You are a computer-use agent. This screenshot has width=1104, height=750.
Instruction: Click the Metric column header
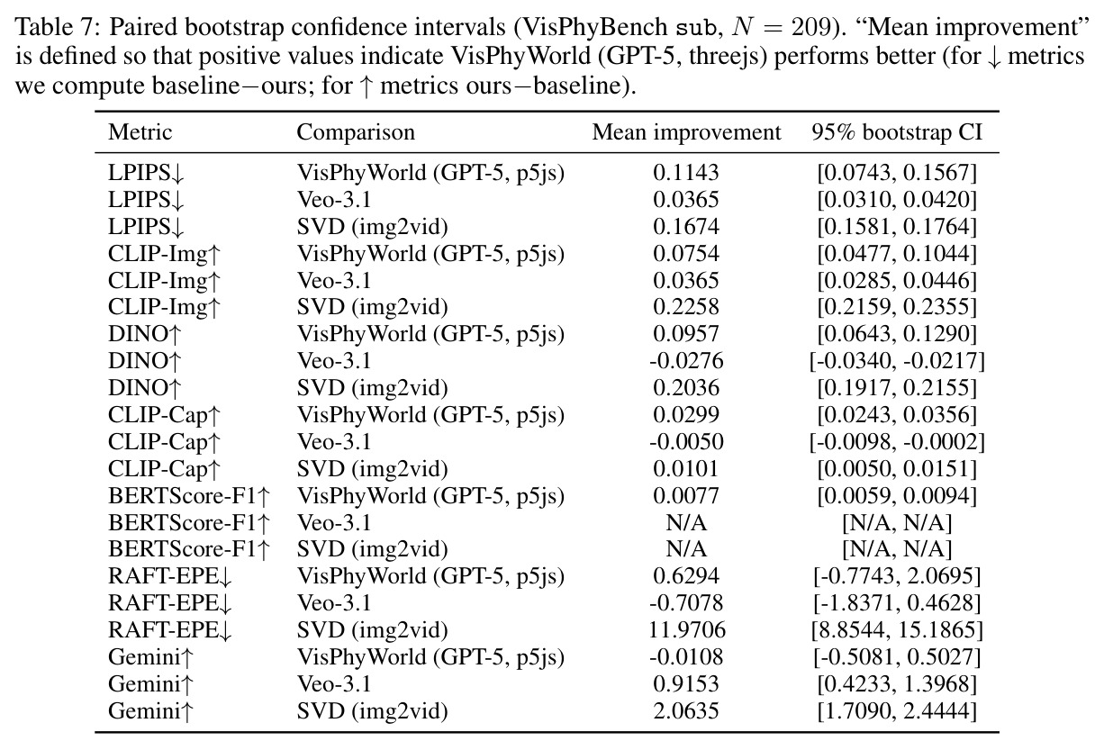pos(140,132)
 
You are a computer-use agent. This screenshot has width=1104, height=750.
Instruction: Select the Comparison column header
pos(356,132)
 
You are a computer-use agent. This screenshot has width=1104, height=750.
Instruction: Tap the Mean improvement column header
pos(686,132)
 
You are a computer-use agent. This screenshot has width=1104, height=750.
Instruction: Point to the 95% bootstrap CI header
pos(897,132)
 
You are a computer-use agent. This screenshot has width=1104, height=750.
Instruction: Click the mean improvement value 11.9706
pos(686,629)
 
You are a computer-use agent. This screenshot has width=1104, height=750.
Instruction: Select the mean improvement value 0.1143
pos(686,173)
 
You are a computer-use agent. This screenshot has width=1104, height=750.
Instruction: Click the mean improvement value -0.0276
pos(686,361)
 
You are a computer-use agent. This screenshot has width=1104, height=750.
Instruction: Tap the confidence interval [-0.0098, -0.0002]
pos(897,441)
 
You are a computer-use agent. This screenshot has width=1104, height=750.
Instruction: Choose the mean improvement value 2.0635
pos(686,710)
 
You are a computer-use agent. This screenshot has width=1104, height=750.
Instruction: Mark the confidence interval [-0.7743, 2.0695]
pos(897,576)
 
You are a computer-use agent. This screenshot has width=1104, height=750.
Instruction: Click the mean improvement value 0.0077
pos(686,495)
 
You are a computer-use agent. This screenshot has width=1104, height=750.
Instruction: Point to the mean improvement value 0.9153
pos(686,683)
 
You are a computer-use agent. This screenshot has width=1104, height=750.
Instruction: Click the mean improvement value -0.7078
pos(686,602)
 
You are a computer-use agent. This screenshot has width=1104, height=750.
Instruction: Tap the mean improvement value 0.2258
pos(686,307)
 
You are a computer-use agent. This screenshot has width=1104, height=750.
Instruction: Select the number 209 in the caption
pos(811,28)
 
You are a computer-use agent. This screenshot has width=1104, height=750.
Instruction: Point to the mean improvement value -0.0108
pos(686,657)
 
